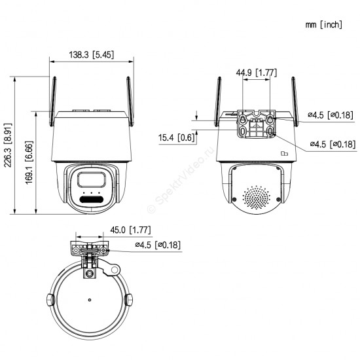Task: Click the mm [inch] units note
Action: (x=324, y=25)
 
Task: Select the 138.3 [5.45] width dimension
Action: (x=92, y=55)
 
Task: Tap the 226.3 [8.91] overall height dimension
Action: (x=9, y=145)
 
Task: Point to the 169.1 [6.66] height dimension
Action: (x=29, y=162)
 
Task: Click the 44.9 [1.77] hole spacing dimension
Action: (x=256, y=73)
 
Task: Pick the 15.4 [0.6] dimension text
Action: (x=176, y=137)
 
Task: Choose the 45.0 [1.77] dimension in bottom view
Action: (x=130, y=230)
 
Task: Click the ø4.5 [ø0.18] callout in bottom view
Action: (x=158, y=245)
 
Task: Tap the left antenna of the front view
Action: (x=53, y=101)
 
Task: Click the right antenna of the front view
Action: (x=130, y=101)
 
